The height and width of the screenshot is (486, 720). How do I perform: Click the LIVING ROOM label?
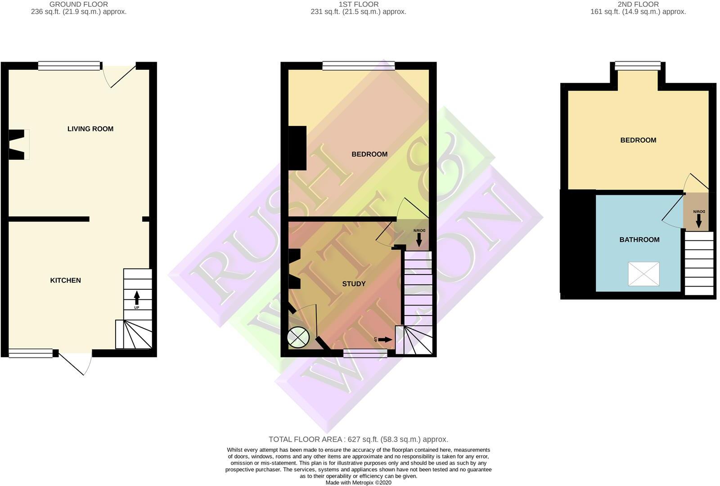pos(90,129)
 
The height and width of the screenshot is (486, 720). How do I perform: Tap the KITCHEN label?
pos(65,280)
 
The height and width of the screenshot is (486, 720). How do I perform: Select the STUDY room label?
pos(354,283)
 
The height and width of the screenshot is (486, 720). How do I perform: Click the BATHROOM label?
pos(639,239)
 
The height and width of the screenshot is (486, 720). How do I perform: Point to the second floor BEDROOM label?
pos(638,140)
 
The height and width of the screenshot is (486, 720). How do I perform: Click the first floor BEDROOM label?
pos(369,154)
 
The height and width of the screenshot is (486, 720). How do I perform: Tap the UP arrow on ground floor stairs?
pos(136,297)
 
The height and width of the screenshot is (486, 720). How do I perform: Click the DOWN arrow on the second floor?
pos(699,221)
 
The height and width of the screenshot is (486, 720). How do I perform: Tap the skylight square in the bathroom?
pos(643,274)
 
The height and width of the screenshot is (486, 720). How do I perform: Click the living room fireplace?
pos(18,144)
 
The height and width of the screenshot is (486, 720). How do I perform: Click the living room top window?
pos(69,66)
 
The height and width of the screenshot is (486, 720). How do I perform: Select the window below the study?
pos(365,354)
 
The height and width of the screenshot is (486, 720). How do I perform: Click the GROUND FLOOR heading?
pos(78,4)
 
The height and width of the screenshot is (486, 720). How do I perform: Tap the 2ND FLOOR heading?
pos(638,4)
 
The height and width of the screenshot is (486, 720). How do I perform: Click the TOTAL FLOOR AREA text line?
pos(358,439)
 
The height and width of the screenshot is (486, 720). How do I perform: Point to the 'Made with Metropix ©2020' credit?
pos(358,482)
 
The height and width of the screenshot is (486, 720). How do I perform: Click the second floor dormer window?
pos(638,66)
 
